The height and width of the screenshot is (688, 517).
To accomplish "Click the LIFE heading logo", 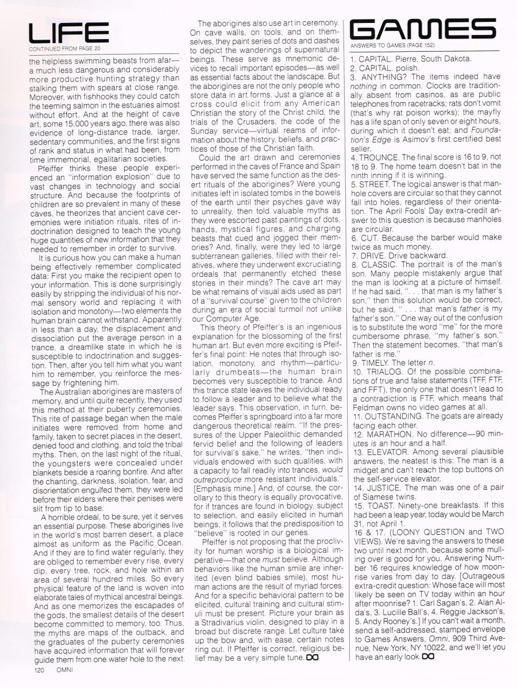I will tap(68, 34).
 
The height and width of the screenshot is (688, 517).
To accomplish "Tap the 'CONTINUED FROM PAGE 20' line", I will tap(62, 49).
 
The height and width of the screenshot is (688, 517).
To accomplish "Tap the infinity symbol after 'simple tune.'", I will tap(312, 656).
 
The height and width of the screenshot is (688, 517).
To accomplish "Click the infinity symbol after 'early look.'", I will tap(428, 656).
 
